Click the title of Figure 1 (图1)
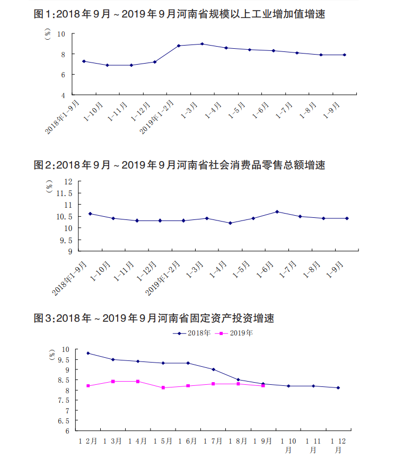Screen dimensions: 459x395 pyautogui.click(x=179, y=14)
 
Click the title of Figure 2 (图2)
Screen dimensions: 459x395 pyautogui.click(x=179, y=165)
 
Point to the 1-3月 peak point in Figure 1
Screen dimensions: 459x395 pyautogui.click(x=203, y=44)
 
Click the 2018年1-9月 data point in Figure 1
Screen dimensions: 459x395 pyautogui.click(x=84, y=61)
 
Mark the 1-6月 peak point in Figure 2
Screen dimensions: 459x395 pyautogui.click(x=277, y=211)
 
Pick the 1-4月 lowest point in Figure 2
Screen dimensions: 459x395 pyautogui.click(x=230, y=223)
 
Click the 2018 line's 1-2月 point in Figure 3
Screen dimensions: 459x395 pyautogui.click(x=88, y=353)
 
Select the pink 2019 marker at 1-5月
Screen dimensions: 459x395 pyautogui.click(x=163, y=388)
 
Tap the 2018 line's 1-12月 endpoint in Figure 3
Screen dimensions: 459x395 pyautogui.click(x=338, y=388)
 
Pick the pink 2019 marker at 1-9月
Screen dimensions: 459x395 pyautogui.click(x=263, y=386)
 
